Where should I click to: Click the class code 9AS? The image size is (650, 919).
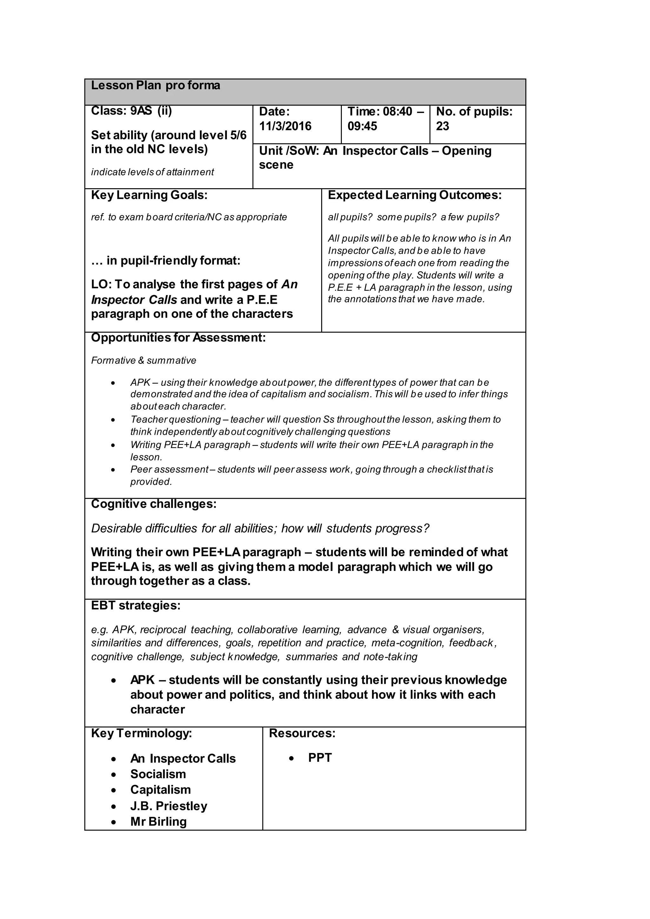coord(141,111)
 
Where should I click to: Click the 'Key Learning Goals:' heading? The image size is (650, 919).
coord(149,195)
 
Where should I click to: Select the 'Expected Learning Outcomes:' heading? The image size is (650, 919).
coord(415,195)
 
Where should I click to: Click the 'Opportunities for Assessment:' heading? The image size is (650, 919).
coord(178,338)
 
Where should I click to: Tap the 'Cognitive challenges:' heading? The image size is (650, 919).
coord(154,504)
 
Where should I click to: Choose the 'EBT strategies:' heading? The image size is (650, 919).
coord(136,605)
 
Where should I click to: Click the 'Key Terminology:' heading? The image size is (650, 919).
coord(142,733)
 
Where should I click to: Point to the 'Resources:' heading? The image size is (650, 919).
coord(302,733)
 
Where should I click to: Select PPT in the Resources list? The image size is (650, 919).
coord(320,758)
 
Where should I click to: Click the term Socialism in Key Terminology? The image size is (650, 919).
coord(158,774)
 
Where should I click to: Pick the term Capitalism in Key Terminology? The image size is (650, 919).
coord(161,790)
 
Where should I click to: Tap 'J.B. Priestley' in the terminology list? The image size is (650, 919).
coord(169,806)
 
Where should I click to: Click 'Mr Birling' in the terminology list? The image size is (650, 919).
coord(158,822)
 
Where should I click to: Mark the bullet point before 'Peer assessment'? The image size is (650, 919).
coord(114,470)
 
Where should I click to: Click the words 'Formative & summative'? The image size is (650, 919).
coord(144,360)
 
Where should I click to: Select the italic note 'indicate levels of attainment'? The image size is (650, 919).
coord(152,172)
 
